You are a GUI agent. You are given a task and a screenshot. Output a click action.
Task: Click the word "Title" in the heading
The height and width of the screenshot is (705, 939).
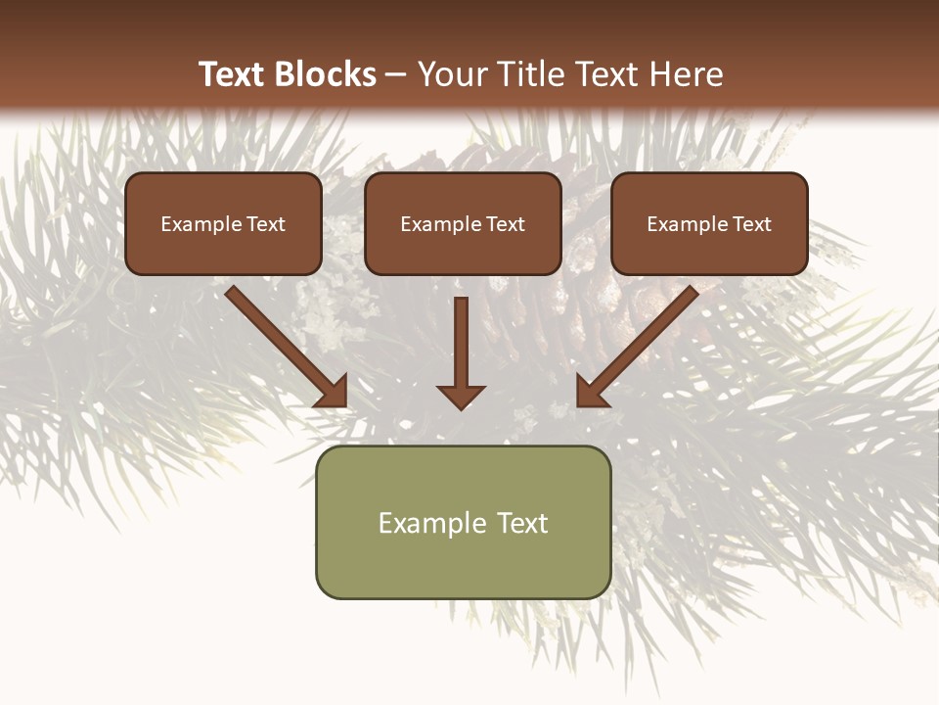point(530,74)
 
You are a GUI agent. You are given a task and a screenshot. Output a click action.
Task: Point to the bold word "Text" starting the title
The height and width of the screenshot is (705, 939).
point(233,74)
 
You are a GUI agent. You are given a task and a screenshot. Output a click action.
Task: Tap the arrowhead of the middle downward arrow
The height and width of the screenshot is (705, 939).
point(461,397)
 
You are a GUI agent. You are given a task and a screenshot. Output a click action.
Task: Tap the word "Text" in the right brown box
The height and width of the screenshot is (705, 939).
point(751,224)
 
